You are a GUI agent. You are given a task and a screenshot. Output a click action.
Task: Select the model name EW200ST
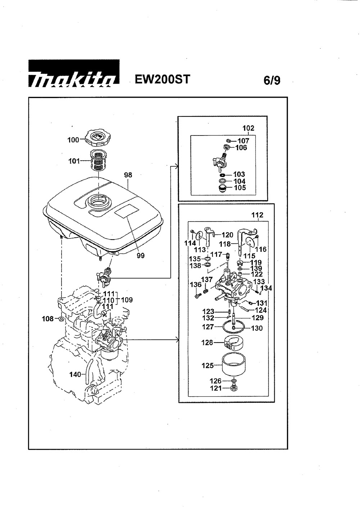click(x=162, y=79)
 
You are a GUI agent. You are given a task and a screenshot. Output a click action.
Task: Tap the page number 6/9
click(x=272, y=80)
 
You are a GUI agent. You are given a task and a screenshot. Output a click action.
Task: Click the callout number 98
click(x=128, y=175)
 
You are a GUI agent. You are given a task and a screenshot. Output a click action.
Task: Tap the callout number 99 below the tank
click(x=140, y=255)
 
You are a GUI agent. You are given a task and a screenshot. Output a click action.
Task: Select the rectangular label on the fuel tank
click(x=126, y=211)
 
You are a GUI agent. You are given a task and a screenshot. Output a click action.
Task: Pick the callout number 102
click(x=248, y=128)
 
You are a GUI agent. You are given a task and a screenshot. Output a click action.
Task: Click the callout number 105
click(x=239, y=188)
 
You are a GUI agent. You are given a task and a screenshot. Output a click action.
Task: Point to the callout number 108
click(x=48, y=319)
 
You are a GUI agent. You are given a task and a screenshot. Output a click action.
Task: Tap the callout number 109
click(x=127, y=300)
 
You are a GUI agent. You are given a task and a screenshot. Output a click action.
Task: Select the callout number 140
click(x=75, y=374)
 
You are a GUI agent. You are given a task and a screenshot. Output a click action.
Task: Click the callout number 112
click(x=258, y=215)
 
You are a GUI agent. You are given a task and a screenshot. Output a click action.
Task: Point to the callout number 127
click(x=208, y=327)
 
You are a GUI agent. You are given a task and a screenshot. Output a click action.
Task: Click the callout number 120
click(x=227, y=235)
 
